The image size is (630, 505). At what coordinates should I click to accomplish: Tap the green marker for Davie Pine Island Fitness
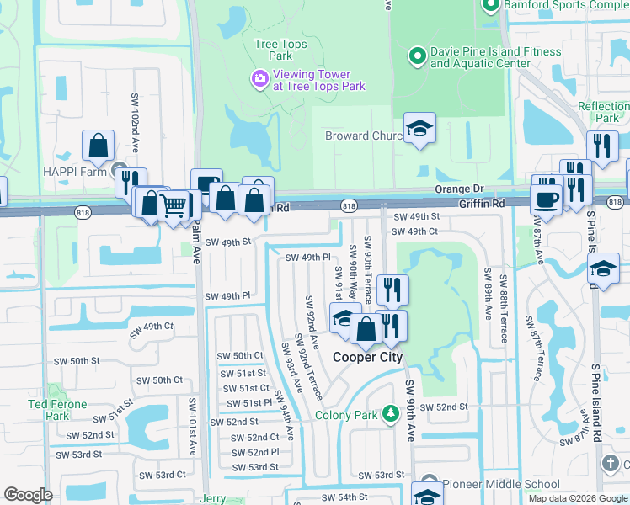[x=416, y=57]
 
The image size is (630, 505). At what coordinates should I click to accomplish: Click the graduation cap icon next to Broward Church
[x=419, y=129]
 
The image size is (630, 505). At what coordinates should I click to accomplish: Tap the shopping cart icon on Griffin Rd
[x=173, y=205]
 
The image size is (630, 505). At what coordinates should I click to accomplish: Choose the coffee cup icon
[x=547, y=200]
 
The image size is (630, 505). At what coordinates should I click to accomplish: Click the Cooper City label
[x=367, y=357]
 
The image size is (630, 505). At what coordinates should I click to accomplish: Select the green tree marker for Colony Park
[x=390, y=414]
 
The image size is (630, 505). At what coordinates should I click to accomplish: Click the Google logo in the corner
[x=29, y=495]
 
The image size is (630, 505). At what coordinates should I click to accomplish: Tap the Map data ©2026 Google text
[x=577, y=498]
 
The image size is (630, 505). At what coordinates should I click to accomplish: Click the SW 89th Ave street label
[x=487, y=295]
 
